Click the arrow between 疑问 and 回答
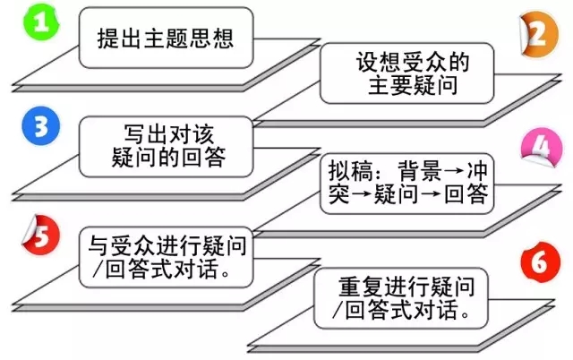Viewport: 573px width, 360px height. tap(440, 194)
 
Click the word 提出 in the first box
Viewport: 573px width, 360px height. tap(115, 39)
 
